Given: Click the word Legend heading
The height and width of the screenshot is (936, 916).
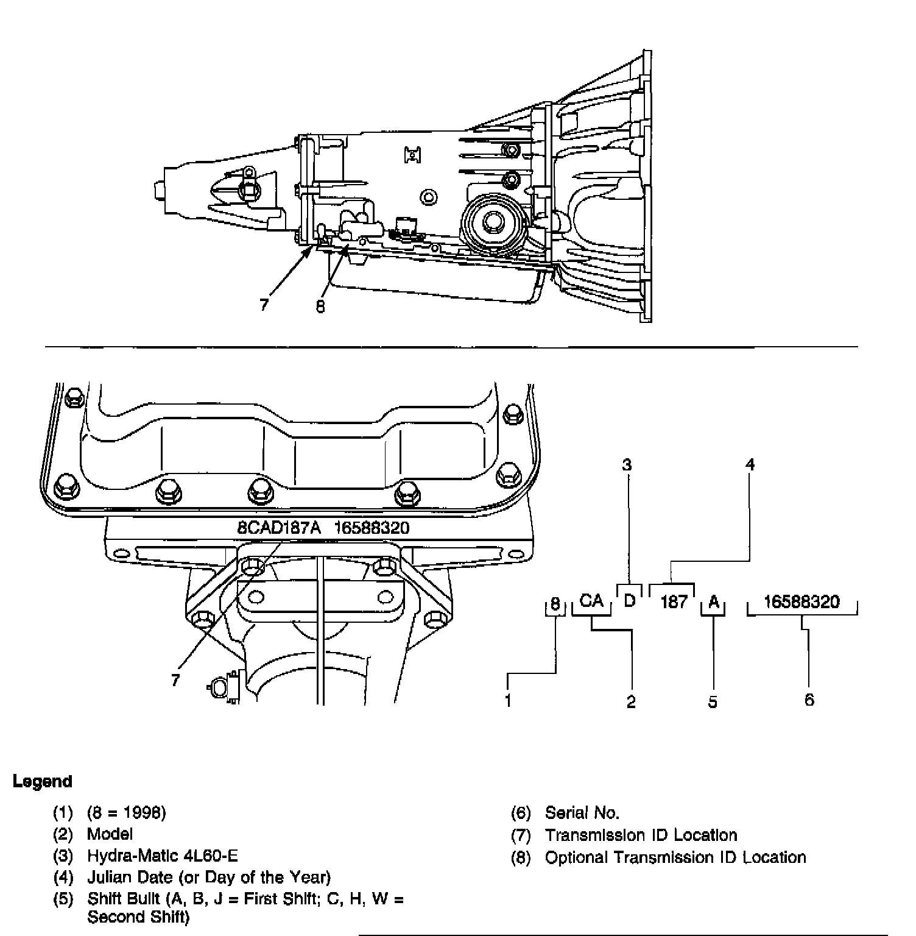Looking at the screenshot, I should (42, 782).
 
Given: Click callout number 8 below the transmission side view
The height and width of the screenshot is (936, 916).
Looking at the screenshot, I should (320, 307).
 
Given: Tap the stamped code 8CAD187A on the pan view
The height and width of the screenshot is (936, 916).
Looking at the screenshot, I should (279, 528).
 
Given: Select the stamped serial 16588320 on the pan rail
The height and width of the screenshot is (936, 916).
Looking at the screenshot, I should (372, 528).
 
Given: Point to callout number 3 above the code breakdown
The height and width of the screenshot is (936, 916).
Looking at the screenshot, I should (627, 465).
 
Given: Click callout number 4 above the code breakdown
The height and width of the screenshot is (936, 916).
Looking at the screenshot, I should (750, 465).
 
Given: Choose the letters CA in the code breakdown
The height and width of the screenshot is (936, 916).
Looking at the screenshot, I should (591, 601).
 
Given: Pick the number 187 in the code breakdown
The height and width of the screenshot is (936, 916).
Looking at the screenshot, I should (674, 603).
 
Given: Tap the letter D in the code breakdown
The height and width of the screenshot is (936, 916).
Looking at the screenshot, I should (630, 601).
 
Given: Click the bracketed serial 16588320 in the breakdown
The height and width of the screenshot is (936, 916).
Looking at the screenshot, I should (801, 602).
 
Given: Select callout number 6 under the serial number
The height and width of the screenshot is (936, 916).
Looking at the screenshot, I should (809, 700).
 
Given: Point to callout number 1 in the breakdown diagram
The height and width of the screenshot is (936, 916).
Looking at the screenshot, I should (508, 701).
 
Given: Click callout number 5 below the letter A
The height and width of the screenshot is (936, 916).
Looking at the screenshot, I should (713, 702).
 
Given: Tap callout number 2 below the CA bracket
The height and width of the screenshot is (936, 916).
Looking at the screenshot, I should (631, 702).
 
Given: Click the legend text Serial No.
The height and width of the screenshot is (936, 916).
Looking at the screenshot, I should (582, 813).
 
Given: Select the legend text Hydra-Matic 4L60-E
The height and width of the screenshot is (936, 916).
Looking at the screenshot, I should (162, 856).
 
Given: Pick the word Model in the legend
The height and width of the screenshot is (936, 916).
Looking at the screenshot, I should (110, 834).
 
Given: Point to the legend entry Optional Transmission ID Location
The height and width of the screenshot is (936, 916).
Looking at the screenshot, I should (675, 858).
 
